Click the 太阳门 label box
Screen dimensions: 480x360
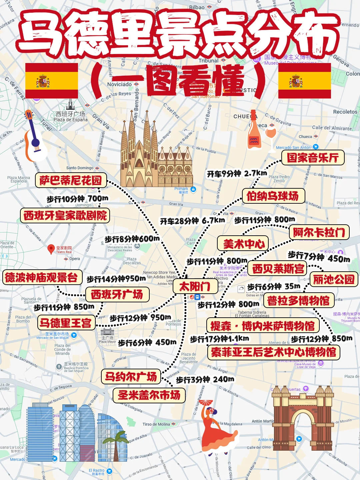click(x=195, y=286)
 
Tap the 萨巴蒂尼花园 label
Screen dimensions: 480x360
click(x=71, y=180)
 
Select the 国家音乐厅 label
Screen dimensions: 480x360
click(x=313, y=157)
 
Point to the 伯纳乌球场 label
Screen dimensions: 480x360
click(x=273, y=196)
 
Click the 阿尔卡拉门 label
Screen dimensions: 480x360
click(x=319, y=232)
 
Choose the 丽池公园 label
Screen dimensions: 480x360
click(x=334, y=279)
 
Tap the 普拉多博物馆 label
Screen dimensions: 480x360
click(x=298, y=301)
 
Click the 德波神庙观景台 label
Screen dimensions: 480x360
click(x=42, y=277)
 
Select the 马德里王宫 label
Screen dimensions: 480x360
click(x=66, y=323)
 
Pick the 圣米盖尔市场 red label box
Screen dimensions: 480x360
click(x=149, y=395)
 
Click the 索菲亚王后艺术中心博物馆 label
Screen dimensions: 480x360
click(x=274, y=352)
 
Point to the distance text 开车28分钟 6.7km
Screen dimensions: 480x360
click(x=192, y=221)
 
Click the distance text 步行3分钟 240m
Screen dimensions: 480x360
click(x=205, y=380)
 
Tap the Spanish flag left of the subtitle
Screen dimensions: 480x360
click(x=51, y=81)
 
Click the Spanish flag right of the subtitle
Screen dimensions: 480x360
click(x=304, y=81)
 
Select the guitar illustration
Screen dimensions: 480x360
click(x=34, y=137)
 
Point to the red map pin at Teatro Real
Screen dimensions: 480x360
click(x=51, y=249)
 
